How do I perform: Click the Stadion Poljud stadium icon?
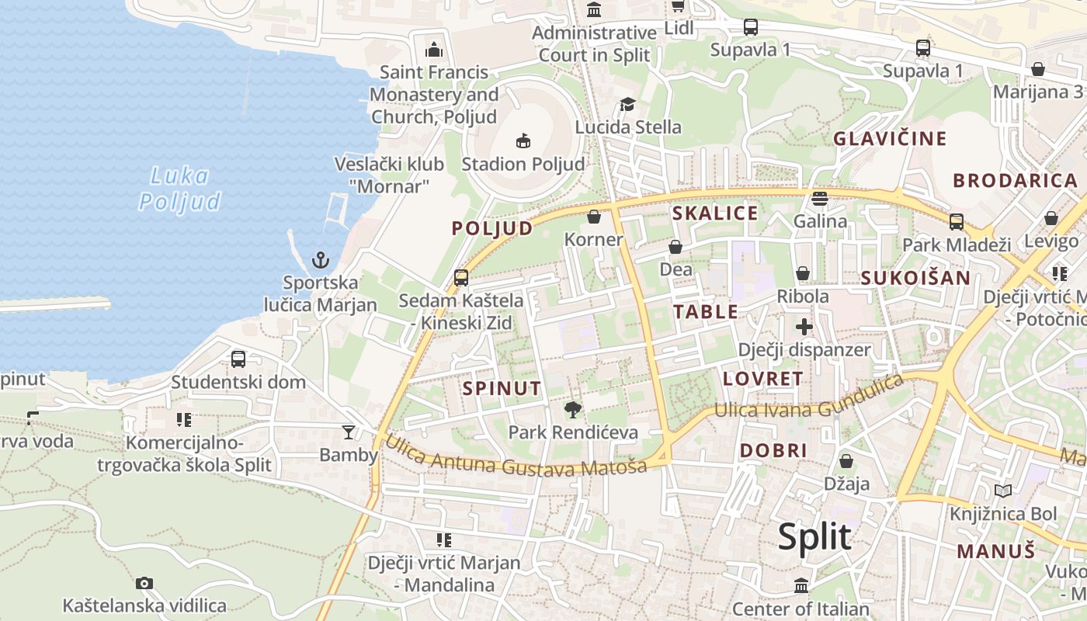(x=523, y=141)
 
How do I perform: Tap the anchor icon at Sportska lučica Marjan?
(x=321, y=260)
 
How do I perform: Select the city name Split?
(x=814, y=536)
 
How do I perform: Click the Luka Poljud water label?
(x=179, y=189)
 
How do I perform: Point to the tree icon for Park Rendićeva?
(x=573, y=409)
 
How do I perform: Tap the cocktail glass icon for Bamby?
(x=349, y=432)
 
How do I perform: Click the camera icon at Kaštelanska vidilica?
(x=144, y=583)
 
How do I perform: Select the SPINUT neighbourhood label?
(x=502, y=388)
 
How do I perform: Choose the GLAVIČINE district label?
(x=890, y=139)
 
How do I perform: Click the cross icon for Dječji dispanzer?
(x=804, y=327)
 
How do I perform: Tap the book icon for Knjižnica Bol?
(x=1003, y=491)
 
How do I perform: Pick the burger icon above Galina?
(x=820, y=199)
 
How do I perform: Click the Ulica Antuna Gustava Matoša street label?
(x=516, y=459)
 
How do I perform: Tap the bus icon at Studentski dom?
(x=238, y=359)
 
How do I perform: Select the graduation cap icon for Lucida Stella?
(x=627, y=105)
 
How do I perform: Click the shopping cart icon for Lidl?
(x=678, y=6)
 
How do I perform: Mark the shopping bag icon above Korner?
(x=594, y=217)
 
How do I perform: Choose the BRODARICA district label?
(x=1016, y=181)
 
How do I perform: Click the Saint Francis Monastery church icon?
(x=434, y=50)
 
